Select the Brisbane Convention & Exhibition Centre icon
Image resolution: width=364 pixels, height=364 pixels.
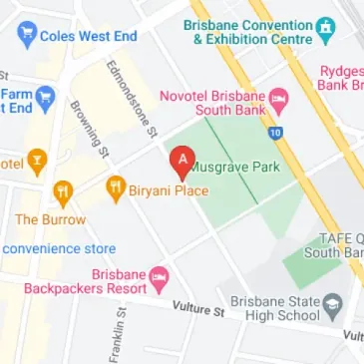click(326, 26)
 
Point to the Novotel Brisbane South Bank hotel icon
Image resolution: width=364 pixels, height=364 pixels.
click(279, 101)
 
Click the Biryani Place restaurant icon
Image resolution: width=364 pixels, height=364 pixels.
click(115, 185)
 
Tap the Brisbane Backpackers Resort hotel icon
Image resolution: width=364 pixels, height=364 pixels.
click(158, 273)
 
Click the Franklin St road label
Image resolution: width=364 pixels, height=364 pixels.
click(117, 335)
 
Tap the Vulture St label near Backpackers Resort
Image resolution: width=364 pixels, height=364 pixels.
click(196, 311)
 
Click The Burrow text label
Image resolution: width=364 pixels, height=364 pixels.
click(50, 218)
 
